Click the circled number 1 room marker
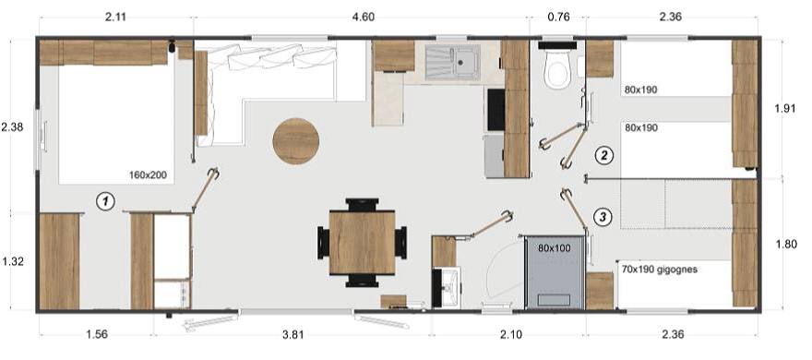[105, 201]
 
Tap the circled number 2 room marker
[603, 155]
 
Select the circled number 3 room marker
[603, 217]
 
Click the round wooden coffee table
[295, 141]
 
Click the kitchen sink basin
[453, 62]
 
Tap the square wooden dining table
[362, 242]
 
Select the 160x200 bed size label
[148, 175]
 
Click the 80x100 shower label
[555, 248]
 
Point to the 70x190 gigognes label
[660, 270]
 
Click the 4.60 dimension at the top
[363, 18]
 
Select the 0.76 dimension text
[558, 18]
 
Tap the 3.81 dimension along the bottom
[293, 335]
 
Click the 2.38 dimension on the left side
[12, 126]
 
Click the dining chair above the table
[362, 205]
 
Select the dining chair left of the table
[324, 243]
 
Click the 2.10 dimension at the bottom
[511, 335]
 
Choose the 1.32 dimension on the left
[12, 261]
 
